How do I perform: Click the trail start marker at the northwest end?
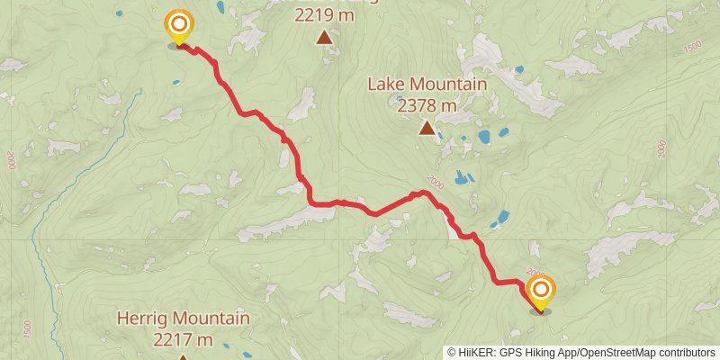click(x=179, y=24)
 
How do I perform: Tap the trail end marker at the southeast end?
click(x=541, y=290)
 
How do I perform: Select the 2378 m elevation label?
click(x=427, y=104)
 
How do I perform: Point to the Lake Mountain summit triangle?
click(x=427, y=128)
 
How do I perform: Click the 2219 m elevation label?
click(x=325, y=14)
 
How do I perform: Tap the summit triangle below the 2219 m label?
click(x=324, y=37)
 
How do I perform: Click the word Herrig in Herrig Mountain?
click(x=145, y=319)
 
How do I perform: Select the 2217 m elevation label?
click(x=183, y=339)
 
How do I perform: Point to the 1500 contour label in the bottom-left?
click(x=27, y=328)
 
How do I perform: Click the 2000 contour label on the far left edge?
click(x=12, y=160)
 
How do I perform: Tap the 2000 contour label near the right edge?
click(x=663, y=149)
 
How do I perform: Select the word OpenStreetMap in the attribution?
click(x=616, y=353)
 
